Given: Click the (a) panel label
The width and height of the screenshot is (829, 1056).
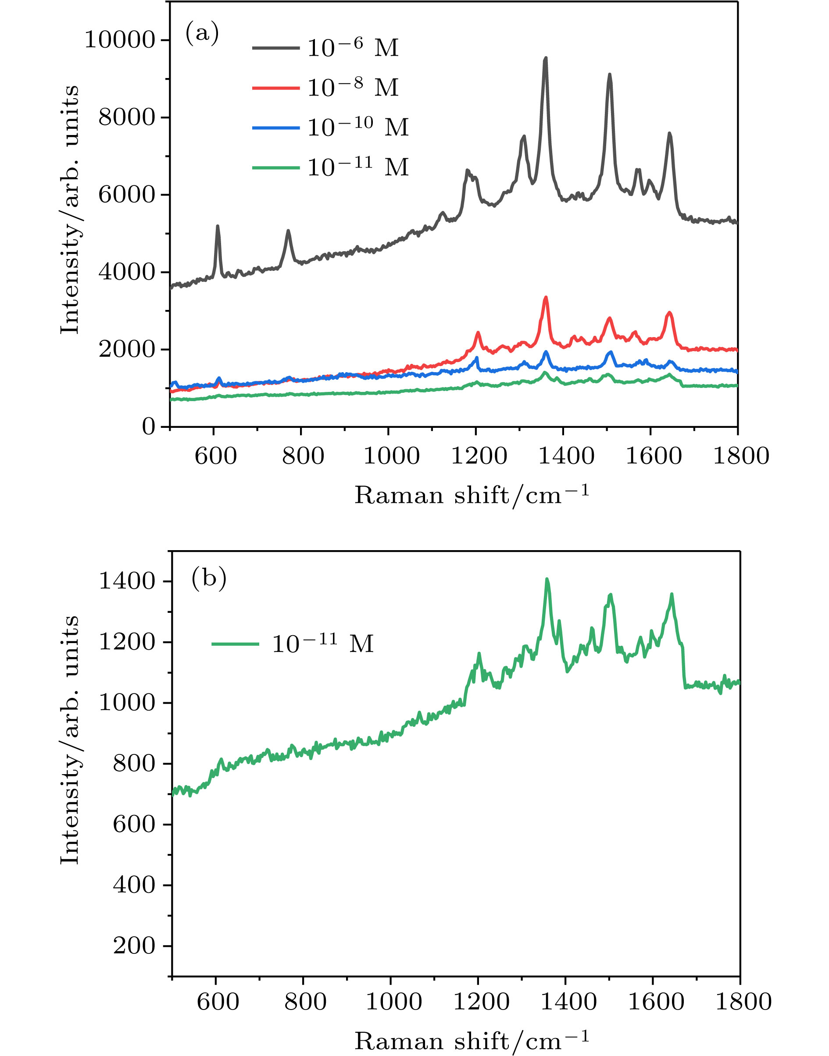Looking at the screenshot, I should [x=202, y=33].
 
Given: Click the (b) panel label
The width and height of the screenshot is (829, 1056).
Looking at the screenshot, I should [x=209, y=578].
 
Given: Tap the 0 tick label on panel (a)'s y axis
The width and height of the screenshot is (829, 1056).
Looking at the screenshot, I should [x=149, y=427].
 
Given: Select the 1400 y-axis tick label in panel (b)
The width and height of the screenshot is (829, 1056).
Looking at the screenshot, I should [x=127, y=581].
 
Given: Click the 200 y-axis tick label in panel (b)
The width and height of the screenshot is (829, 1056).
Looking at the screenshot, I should [x=135, y=946].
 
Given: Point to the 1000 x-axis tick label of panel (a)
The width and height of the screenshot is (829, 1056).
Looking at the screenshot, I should [x=391, y=456].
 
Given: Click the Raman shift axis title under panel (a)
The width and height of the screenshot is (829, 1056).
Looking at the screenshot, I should [x=472, y=495].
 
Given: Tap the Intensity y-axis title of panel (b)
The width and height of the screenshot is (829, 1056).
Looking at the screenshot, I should [x=70, y=740].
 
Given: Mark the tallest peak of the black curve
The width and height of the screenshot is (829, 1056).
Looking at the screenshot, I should [x=546, y=58].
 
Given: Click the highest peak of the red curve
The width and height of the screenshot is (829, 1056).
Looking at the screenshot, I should [x=546, y=297].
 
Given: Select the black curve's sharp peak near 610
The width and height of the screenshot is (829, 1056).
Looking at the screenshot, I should [x=218, y=226].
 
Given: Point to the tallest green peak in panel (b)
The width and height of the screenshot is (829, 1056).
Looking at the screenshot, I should [x=547, y=579].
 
